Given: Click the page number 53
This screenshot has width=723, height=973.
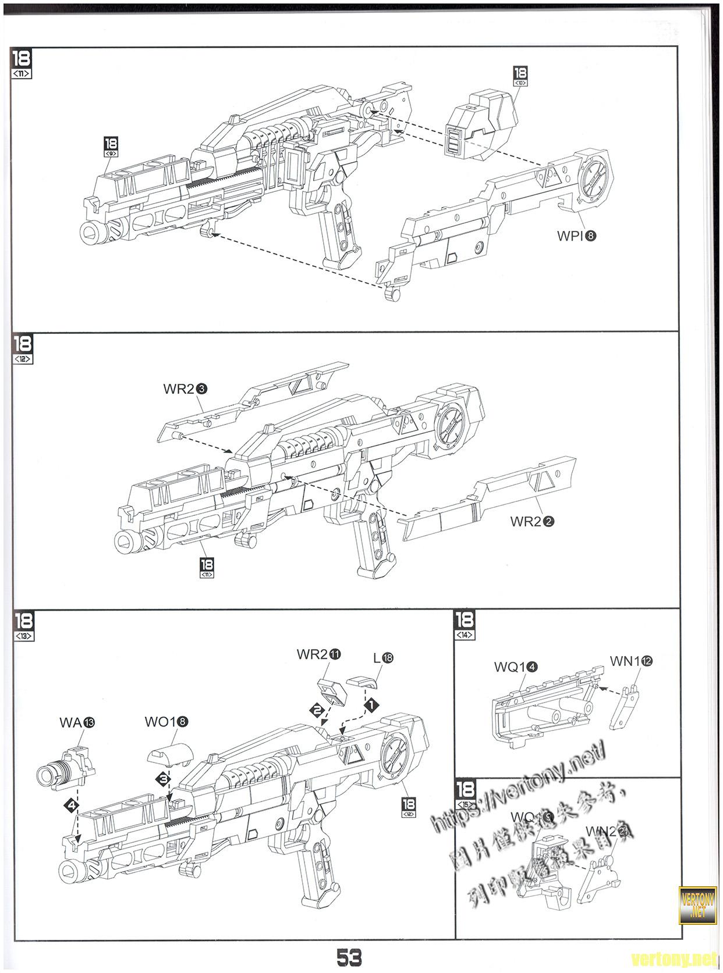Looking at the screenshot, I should click(x=349, y=956).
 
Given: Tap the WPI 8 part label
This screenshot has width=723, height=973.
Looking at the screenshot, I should click(x=577, y=236).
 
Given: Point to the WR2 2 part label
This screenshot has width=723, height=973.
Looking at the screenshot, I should click(x=532, y=521).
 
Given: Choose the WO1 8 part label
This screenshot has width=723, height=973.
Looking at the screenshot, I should click(x=166, y=722).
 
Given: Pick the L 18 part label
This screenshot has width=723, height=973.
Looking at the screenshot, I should click(x=384, y=658).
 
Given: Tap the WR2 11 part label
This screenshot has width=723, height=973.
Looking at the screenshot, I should click(x=318, y=654).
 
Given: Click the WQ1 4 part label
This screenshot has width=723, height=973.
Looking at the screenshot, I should click(x=515, y=667).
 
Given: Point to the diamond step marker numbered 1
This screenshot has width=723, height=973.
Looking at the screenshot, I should click(x=371, y=704).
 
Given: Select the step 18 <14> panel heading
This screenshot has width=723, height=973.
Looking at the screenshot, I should click(x=466, y=625).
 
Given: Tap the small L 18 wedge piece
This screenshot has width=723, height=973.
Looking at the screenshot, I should click(x=363, y=682).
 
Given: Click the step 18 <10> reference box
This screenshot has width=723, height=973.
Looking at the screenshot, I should click(x=520, y=76).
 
